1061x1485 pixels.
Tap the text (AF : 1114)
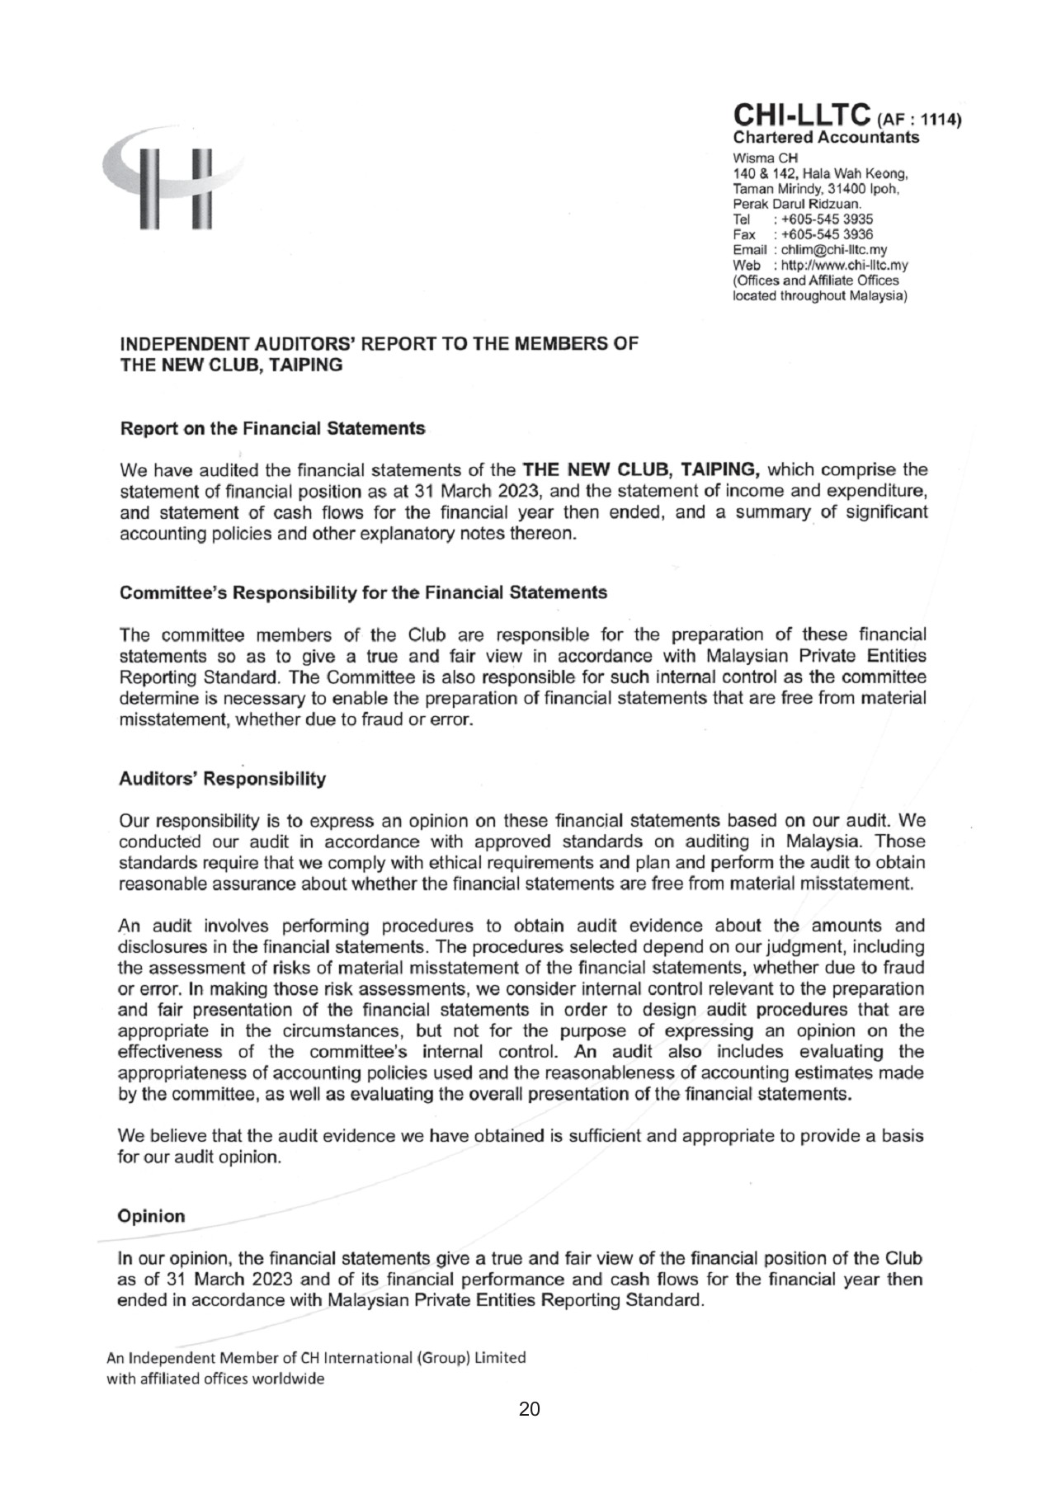click(921, 120)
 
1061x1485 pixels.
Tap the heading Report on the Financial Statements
click(273, 429)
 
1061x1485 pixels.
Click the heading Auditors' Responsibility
click(223, 779)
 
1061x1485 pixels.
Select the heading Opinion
click(152, 1216)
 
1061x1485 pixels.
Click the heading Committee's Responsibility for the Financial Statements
click(363, 592)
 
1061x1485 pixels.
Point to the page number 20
click(529, 1409)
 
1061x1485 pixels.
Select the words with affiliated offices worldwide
click(216, 1379)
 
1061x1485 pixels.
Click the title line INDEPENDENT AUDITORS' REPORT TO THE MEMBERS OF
click(379, 344)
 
